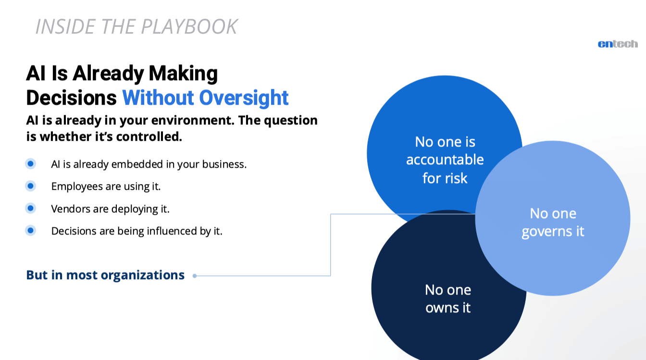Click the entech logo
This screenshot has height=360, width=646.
click(618, 44)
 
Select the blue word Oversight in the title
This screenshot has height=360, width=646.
click(244, 98)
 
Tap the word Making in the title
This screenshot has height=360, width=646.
click(183, 74)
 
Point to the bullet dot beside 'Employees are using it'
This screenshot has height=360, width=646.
click(30, 186)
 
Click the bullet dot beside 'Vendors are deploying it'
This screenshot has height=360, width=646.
click(30, 209)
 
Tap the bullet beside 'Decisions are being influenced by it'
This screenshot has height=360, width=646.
click(30, 231)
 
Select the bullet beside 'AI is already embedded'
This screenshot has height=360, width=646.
click(30, 164)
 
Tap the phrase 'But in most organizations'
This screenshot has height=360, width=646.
click(105, 275)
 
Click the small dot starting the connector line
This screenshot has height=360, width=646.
click(195, 276)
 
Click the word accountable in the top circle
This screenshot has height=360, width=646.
click(445, 160)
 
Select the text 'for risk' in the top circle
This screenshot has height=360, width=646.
click(445, 178)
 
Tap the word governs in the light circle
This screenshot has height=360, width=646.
click(542, 232)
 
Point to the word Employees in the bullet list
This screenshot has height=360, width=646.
click(75, 186)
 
